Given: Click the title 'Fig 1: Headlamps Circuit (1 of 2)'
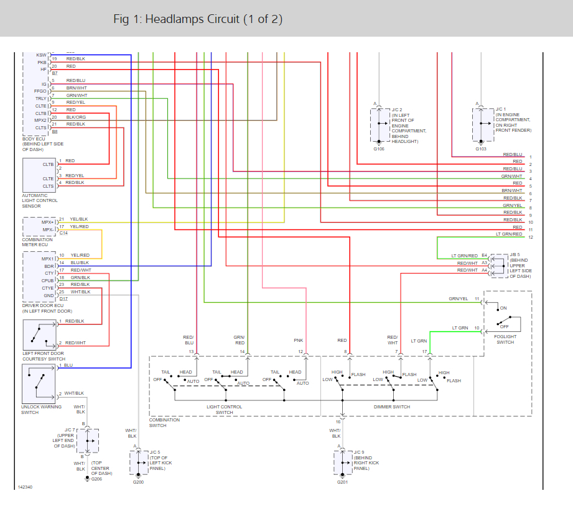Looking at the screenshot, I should [198, 19].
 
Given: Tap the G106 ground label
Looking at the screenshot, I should [379, 149].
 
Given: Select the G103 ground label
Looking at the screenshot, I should [481, 149].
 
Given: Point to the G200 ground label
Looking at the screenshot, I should [138, 482].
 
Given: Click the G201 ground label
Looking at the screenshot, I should [342, 482].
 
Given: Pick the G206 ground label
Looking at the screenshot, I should [96, 479].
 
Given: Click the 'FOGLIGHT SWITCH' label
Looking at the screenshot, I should [505, 339].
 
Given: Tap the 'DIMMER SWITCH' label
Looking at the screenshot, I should [392, 407].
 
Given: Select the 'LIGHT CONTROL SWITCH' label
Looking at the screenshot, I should [224, 410].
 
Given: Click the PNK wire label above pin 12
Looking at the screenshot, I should [298, 340].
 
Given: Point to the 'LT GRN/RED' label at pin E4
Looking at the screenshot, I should [464, 255].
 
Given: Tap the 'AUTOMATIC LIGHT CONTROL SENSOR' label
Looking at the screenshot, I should [40, 201].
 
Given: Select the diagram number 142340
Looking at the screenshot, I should [25, 487].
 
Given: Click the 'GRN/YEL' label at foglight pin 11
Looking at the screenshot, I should [459, 299].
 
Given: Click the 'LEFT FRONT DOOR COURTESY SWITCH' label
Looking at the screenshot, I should [44, 356].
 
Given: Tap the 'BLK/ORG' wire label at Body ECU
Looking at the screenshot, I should [76, 117].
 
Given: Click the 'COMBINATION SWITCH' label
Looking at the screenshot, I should [164, 422].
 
